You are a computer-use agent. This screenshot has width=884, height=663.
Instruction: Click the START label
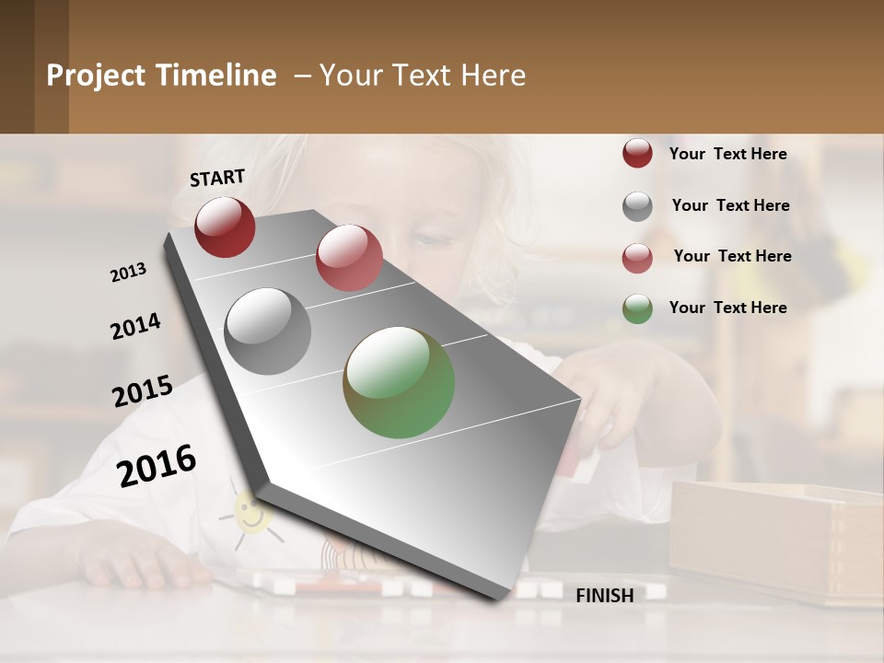click(217, 178)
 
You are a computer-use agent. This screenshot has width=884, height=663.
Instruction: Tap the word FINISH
click(604, 596)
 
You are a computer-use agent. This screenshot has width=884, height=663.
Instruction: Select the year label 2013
click(129, 273)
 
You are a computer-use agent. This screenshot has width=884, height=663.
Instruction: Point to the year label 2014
click(135, 327)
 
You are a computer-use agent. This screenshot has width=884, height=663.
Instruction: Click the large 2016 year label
click(157, 465)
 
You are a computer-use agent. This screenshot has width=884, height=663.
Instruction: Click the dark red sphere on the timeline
click(225, 227)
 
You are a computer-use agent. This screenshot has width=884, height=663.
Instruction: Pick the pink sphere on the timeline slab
click(349, 258)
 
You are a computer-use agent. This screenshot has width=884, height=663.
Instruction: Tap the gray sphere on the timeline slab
click(268, 331)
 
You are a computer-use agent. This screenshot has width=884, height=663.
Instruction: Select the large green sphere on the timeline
click(399, 382)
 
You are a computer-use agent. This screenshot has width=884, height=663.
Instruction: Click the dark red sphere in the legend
click(637, 153)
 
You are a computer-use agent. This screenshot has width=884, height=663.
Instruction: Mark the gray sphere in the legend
click(637, 206)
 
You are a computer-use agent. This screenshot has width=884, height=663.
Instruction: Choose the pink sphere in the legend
click(637, 258)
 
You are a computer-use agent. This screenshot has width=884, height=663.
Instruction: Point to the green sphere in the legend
click(637, 308)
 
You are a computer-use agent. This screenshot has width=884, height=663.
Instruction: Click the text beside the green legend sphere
click(727, 308)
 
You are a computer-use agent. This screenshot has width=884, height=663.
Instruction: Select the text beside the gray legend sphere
click(730, 205)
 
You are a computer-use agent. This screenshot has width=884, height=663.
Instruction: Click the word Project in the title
click(96, 76)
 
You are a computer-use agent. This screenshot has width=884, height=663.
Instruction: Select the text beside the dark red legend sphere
click(727, 154)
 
